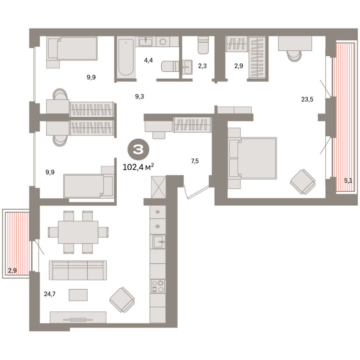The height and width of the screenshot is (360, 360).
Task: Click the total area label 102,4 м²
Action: pyautogui.click(x=138, y=167)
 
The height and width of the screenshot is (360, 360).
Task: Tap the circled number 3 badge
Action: pyautogui.click(x=138, y=150)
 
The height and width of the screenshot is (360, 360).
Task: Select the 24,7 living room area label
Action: pyautogui.click(x=50, y=294)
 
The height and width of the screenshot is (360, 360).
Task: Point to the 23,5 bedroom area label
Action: pyautogui.click(x=307, y=99)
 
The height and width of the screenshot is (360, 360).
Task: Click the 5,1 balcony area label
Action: pyautogui.click(x=348, y=180)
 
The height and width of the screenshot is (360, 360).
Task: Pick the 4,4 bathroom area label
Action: pyautogui.click(x=148, y=60)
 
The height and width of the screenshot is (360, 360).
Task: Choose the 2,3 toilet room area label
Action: pyautogui.click(x=202, y=66)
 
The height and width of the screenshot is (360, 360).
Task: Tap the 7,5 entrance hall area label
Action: pyautogui.click(x=195, y=161)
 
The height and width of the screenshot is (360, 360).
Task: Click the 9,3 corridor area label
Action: pyautogui.click(x=140, y=97)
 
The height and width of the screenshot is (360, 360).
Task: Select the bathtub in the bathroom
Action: pyautogui.click(x=126, y=57)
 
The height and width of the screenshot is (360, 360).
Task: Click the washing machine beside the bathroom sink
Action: pyautogui.click(x=163, y=42)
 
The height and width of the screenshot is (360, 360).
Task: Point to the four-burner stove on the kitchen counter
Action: pyautogui.click(x=157, y=286)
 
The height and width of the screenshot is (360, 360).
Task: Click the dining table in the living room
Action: pyautogui.click(x=78, y=232)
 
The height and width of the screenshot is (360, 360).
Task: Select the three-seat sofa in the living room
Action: pyautogui.click(x=78, y=270)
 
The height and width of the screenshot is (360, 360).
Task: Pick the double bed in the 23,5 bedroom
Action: pyautogui.click(x=252, y=158)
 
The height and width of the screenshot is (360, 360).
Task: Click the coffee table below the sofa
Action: pyautogui.click(x=78, y=295)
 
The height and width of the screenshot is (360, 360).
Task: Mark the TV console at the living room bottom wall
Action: pyautogui.click(x=78, y=317)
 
